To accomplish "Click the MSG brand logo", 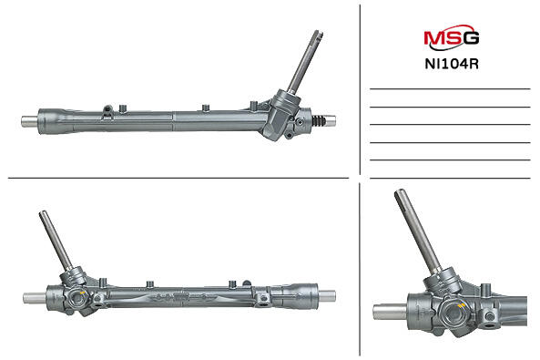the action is pyautogui.click(x=451, y=37).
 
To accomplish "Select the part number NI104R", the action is pyautogui.click(x=452, y=64).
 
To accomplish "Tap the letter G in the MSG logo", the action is pyautogui.click(x=471, y=38).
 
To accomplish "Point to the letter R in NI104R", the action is pyautogui.click(x=474, y=64).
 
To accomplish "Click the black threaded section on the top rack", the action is pyautogui.click(x=319, y=121).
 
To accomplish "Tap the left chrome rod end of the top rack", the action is pyautogui.click(x=30, y=121).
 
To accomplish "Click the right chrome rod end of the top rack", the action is pyautogui.click(x=331, y=120).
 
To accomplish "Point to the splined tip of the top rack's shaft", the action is pyautogui.click(x=318, y=35).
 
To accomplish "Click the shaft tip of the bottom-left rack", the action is pyautogui.click(x=44, y=214).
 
